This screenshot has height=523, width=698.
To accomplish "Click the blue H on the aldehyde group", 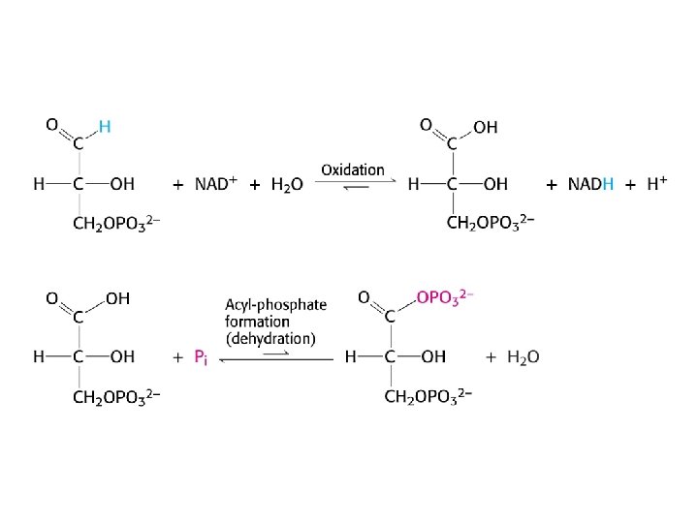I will [105, 126].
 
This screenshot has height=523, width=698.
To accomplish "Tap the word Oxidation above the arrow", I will [353, 169].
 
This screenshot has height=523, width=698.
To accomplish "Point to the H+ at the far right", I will [656, 184].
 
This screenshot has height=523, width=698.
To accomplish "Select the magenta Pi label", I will [201, 357].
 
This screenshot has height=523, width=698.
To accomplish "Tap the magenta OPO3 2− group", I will [444, 297].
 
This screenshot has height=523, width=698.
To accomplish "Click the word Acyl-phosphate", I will [276, 304].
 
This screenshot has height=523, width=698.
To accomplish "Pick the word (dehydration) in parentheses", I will [270, 339].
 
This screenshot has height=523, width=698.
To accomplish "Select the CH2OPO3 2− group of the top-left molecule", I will [116, 225].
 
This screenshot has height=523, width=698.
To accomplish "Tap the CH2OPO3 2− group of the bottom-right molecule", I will [428, 397].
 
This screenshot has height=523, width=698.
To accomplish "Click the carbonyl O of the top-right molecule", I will [426, 124].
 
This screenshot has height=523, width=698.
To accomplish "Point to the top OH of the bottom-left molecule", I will [117, 299].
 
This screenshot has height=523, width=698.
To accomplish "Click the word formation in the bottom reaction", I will [258, 322].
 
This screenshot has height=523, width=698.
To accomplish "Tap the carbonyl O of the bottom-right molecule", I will [364, 296].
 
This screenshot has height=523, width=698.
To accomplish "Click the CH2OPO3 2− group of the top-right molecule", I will [491, 225].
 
